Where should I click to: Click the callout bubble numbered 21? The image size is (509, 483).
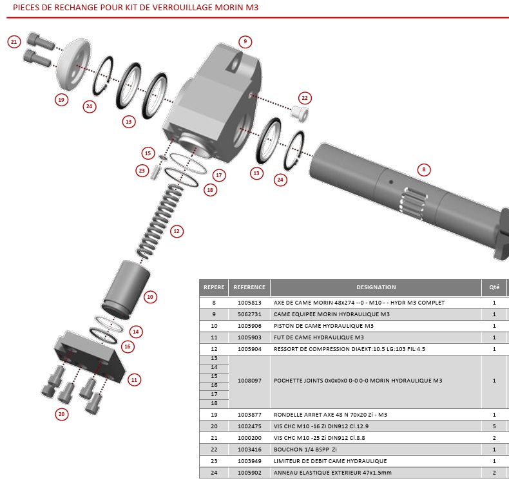(x=14, y=42)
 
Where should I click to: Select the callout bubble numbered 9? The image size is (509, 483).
(x=244, y=42)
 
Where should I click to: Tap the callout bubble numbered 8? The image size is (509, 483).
(x=423, y=170)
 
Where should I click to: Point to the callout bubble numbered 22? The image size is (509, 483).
(x=305, y=98)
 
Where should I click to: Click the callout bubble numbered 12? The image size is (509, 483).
(x=176, y=230)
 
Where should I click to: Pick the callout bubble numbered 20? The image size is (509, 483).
(x=62, y=414)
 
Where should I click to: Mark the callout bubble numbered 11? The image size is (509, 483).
(x=134, y=379)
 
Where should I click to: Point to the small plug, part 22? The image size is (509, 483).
(x=298, y=114)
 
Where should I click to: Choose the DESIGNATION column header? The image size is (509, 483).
(x=376, y=287)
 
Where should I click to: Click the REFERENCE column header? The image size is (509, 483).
(x=249, y=287)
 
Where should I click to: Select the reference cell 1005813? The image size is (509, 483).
(x=249, y=303)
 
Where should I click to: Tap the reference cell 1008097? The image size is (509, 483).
(x=249, y=381)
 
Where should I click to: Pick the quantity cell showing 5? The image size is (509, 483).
(x=494, y=426)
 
